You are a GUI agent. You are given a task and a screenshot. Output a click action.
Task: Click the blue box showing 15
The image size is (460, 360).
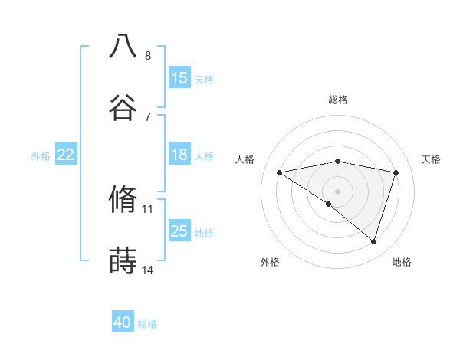(x=179, y=78)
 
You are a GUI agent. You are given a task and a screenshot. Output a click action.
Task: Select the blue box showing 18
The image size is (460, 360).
(x=179, y=155)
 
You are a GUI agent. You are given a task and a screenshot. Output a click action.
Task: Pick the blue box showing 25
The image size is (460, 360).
(x=179, y=231)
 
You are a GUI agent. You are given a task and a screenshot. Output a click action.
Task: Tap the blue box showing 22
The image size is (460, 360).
(x=66, y=155)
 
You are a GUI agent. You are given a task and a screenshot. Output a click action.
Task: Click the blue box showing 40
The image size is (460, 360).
(x=123, y=322)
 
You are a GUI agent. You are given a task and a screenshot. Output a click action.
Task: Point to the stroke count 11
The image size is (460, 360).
(x=148, y=208)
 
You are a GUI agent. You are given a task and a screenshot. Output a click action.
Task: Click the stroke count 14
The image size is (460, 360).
(x=148, y=270)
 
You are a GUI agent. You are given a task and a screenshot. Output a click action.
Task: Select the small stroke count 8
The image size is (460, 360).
(x=147, y=55)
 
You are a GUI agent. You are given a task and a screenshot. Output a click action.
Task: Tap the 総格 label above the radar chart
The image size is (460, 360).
(x=337, y=100)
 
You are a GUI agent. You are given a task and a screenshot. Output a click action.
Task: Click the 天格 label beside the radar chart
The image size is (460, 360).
(x=431, y=159)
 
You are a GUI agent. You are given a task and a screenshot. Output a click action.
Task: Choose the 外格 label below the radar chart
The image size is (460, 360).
(x=270, y=262)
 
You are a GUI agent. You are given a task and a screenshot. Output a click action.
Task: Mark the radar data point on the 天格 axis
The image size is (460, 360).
(x=396, y=172)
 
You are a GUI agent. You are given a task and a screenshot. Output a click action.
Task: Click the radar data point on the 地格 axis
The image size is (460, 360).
(x=373, y=241)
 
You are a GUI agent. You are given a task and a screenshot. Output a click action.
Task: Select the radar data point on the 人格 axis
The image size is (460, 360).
(x=279, y=172)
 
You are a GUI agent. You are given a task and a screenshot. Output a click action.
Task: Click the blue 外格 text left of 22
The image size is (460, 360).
(x=41, y=155)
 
